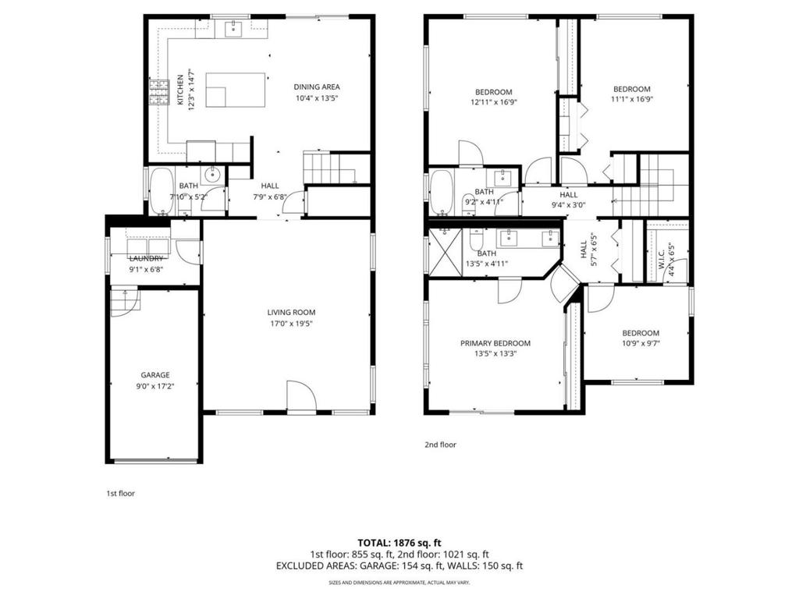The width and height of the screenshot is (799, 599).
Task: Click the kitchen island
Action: click(x=235, y=89)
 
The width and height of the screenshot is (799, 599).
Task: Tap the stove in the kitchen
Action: click(x=160, y=93)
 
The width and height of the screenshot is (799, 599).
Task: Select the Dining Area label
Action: click(x=316, y=87)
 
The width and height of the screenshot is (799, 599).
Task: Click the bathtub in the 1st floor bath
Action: click(x=162, y=191)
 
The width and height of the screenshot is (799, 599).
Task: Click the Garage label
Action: click(x=154, y=374)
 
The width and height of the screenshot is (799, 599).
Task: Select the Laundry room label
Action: click(x=147, y=258)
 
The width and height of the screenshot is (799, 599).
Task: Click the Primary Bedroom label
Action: click(x=495, y=343)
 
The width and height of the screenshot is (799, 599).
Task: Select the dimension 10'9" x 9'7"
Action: click(x=640, y=343)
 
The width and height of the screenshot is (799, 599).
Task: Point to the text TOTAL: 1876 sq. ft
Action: click(x=399, y=542)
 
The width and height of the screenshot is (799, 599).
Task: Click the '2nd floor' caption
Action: click(x=440, y=445)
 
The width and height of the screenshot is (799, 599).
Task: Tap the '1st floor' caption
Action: click(x=120, y=493)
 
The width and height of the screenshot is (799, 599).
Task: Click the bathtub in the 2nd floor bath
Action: click(x=442, y=193)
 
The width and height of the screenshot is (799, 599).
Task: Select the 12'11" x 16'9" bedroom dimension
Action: click(x=493, y=101)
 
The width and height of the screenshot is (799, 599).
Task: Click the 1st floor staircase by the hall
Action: click(x=326, y=168)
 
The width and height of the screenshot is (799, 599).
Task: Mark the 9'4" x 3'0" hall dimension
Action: click(x=568, y=205)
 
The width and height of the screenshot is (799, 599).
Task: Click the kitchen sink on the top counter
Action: click(x=233, y=30)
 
